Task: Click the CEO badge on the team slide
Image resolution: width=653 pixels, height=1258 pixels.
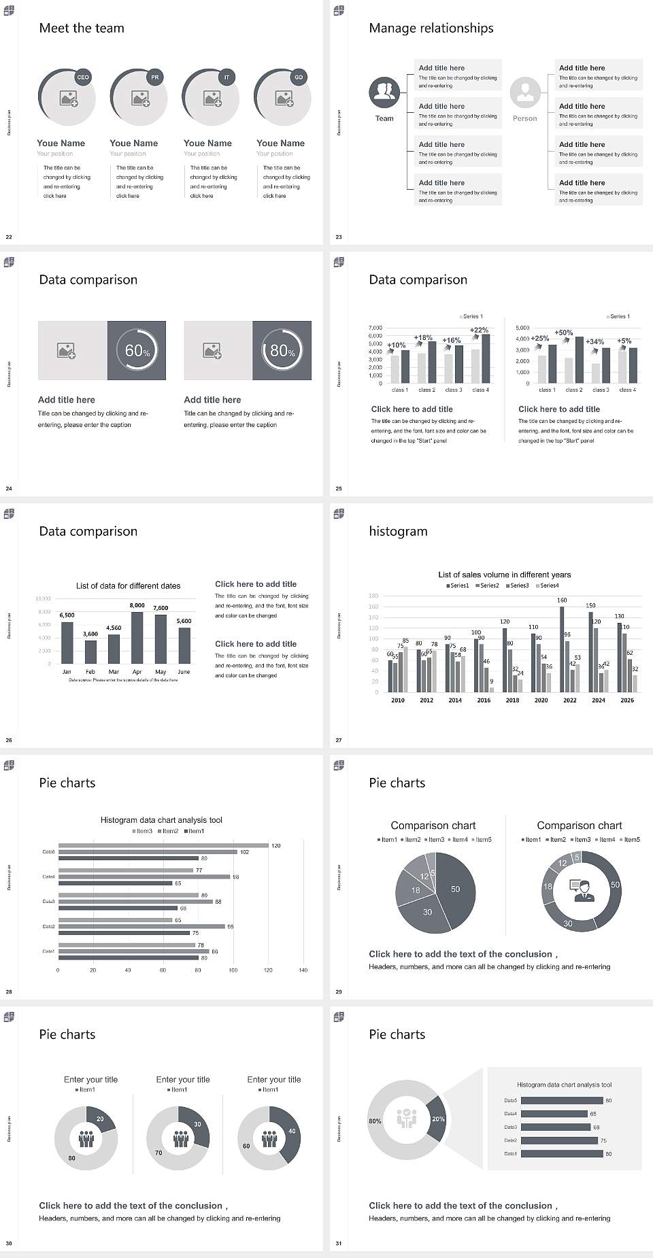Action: [x=83, y=78]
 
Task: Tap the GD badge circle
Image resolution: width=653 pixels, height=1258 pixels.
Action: [x=299, y=78]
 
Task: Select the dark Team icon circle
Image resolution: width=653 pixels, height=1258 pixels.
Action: [x=384, y=92]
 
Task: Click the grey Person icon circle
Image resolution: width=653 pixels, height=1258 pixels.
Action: [x=525, y=92]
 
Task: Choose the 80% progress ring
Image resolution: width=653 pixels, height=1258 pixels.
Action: [x=282, y=351]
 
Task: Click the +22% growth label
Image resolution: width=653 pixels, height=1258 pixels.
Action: [x=479, y=330]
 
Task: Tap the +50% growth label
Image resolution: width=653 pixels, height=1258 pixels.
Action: [x=563, y=333]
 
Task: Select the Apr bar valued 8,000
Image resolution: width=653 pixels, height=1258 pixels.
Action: [x=137, y=638]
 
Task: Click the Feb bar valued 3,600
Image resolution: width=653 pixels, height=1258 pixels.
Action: [x=90, y=651]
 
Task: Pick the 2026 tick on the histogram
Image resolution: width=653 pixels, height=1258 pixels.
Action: [x=627, y=700]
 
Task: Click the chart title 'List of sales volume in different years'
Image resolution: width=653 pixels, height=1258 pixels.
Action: [x=504, y=575]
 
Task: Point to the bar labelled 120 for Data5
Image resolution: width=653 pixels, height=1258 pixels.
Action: [x=163, y=846]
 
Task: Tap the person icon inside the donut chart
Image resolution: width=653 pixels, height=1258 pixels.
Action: [x=582, y=889]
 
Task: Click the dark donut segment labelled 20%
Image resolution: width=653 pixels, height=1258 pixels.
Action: [x=437, y=1119]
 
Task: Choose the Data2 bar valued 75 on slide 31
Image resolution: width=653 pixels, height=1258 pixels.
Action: [x=559, y=1140]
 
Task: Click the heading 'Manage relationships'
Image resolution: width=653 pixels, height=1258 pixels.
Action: [x=431, y=28]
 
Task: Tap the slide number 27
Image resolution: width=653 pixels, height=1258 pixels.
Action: [x=339, y=740]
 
